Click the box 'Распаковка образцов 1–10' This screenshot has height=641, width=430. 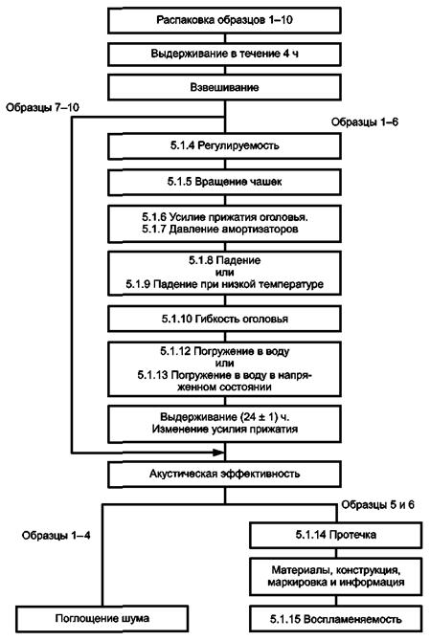[x=224, y=20]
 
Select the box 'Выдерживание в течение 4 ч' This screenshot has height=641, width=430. [x=224, y=54]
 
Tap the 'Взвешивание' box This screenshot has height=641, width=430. [x=224, y=87]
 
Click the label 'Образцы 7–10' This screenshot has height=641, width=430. [x=42, y=107]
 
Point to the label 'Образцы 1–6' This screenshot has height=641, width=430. [x=365, y=122]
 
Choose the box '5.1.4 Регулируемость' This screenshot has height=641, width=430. [x=224, y=145]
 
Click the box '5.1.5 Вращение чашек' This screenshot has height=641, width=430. [x=224, y=182]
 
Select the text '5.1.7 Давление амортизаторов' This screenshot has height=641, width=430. [x=220, y=229]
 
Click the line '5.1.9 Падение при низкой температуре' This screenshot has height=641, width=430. [x=225, y=284]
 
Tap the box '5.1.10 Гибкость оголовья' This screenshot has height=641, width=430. [x=224, y=319]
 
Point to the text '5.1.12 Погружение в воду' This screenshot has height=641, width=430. [x=225, y=351]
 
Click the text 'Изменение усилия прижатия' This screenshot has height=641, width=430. [x=225, y=430]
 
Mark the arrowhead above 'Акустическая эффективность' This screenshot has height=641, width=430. [x=219, y=453]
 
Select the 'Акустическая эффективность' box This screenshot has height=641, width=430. [x=224, y=475]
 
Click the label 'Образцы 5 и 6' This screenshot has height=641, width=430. [x=377, y=505]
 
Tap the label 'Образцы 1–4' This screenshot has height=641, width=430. [x=57, y=536]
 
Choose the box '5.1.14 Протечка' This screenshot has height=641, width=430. [x=335, y=535]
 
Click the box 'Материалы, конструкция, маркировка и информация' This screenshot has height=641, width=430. [x=335, y=576]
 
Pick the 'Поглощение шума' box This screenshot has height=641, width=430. [x=102, y=618]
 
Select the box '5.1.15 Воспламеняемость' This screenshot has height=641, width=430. [x=335, y=619]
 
